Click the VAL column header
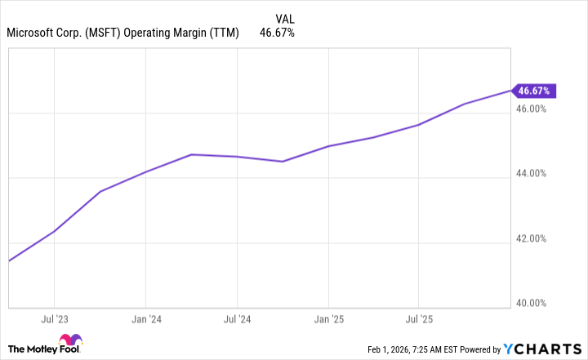pyautogui.click(x=285, y=17)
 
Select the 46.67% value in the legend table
pyautogui.click(x=277, y=33)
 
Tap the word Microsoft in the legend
pyautogui.click(x=31, y=33)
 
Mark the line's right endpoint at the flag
pyautogui.click(x=510, y=91)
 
